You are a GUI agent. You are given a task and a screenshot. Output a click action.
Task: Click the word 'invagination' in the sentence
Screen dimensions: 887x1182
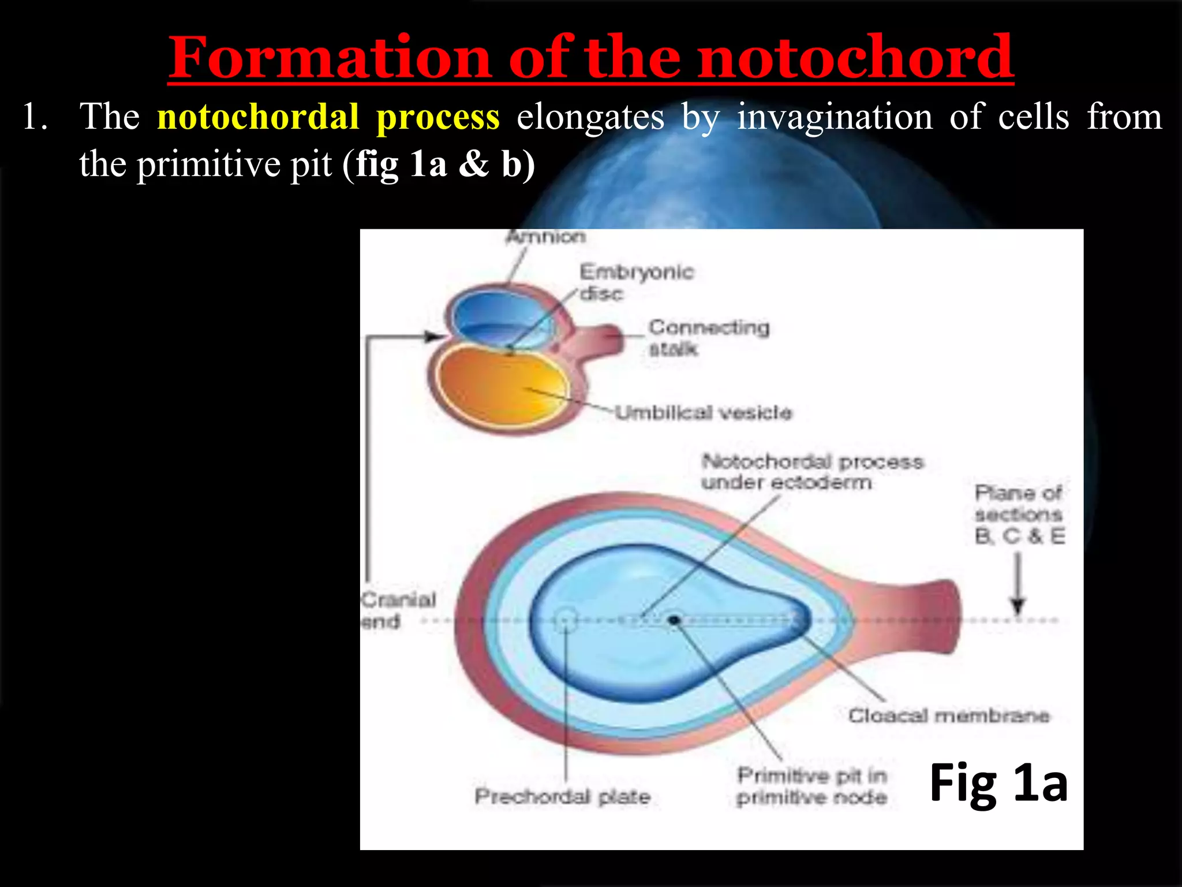pos(835,117)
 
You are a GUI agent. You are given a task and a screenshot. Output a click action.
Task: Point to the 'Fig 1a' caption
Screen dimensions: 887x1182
pos(998,783)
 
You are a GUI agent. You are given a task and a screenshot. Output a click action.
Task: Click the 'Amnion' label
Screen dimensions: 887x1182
pos(545,237)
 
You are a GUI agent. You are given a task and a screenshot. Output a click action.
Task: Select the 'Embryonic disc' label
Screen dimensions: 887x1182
pos(635,282)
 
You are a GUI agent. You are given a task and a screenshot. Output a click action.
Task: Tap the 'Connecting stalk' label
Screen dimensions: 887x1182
pos(709,338)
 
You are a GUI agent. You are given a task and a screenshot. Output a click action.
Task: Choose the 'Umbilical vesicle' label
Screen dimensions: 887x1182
pos(703,412)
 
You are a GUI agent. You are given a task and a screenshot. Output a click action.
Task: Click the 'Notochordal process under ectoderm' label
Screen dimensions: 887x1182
pos(812,472)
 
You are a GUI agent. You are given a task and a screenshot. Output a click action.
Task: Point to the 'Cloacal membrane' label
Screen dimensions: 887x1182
pos(948,716)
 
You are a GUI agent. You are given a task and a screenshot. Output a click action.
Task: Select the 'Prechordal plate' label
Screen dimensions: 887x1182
pos(562,797)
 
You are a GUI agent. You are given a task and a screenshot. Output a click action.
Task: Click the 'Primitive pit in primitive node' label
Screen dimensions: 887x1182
pos(811,787)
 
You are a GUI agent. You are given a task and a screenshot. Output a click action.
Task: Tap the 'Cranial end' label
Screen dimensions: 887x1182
pos(398,610)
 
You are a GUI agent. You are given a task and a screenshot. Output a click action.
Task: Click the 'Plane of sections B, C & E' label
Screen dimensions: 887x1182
pos(1019,515)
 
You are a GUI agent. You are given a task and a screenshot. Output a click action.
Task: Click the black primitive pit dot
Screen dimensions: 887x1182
pos(674,620)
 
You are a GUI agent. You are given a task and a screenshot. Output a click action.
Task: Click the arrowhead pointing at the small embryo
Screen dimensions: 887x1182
pos(435,336)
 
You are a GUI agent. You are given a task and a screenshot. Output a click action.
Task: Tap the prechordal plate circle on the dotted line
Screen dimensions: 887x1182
pos(566,620)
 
